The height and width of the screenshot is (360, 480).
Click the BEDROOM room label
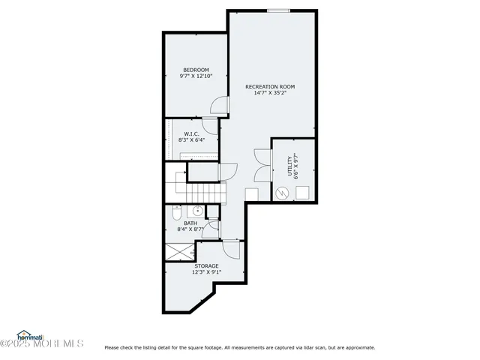(x=196, y=70)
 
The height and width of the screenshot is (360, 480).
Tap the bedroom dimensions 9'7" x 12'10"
(x=196, y=76)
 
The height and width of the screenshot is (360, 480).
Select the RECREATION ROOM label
(x=271, y=86)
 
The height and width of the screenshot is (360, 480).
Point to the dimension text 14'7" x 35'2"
(x=271, y=93)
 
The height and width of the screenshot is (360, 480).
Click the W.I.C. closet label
(x=191, y=133)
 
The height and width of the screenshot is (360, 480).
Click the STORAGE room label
(x=206, y=265)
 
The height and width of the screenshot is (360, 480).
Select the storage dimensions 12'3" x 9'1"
(x=206, y=272)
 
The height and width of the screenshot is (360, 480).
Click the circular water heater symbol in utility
(x=283, y=192)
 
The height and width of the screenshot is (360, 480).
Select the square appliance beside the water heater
(x=304, y=192)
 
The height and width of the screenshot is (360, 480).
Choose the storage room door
(x=232, y=250)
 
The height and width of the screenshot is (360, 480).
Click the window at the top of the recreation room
(x=278, y=10)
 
